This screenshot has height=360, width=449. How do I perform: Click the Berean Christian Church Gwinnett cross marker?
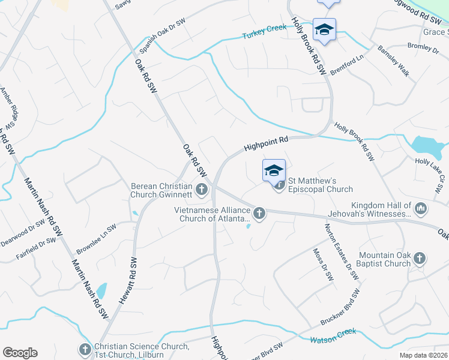[x=202, y=190]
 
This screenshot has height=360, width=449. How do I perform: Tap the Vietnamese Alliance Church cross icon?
[x=259, y=212]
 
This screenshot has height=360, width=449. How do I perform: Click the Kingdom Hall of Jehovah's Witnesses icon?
[x=421, y=208]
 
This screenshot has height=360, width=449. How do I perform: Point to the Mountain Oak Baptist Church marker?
[x=420, y=259]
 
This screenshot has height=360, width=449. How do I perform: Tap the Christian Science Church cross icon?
[x=85, y=349]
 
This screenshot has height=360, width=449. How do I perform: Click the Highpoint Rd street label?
[x=267, y=142]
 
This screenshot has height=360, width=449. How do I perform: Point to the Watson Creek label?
[x=333, y=335]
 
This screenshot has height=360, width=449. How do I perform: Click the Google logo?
[x=20, y=353]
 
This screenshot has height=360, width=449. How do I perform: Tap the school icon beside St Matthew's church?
[x=274, y=171]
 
